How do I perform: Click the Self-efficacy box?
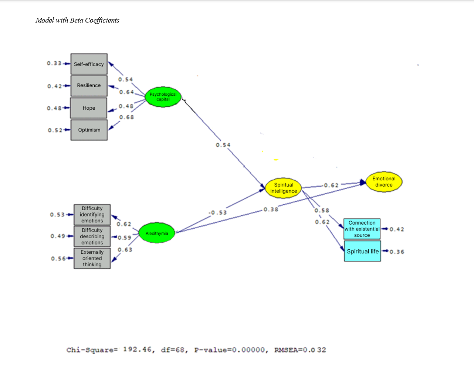[x=89, y=64]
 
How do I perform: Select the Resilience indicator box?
[x=89, y=85]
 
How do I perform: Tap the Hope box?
[x=89, y=108]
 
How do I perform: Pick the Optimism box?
[x=89, y=130]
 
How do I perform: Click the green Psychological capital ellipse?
[x=163, y=97]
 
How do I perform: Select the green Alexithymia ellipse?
[x=157, y=233]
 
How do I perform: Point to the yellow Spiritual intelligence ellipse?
[x=284, y=188]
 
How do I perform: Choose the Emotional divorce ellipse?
[x=384, y=182]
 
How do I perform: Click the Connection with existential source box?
[x=362, y=229]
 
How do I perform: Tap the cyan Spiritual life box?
[x=362, y=251]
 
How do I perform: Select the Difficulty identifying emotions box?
[x=92, y=215]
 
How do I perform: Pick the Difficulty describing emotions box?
[x=92, y=236]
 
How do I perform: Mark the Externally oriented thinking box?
[x=92, y=258]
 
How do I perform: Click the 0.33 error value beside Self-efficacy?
[x=54, y=63]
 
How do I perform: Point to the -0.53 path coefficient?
[x=217, y=212]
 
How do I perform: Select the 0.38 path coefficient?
[x=271, y=209]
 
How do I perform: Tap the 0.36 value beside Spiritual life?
[x=397, y=252]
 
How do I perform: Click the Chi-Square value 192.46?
[x=137, y=349]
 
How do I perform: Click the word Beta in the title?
[x=77, y=20]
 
